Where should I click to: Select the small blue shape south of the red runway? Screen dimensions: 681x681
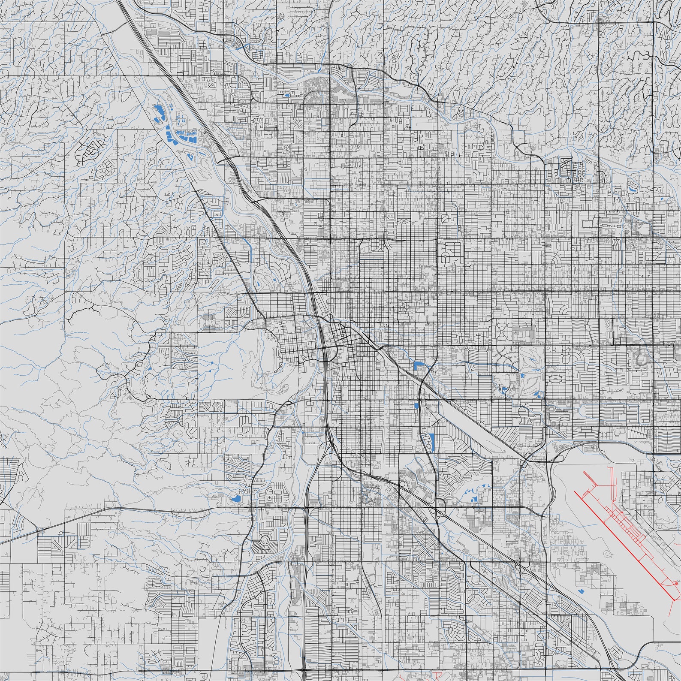point(582,591)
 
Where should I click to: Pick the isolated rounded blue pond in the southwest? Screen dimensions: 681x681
point(235,498)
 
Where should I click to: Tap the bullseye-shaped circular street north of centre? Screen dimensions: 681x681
point(286,147)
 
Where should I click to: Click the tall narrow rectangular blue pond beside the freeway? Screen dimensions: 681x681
point(431,442)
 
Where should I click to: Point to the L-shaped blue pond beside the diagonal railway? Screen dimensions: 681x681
point(418,366)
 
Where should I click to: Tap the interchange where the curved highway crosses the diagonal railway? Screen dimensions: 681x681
point(422,381)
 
